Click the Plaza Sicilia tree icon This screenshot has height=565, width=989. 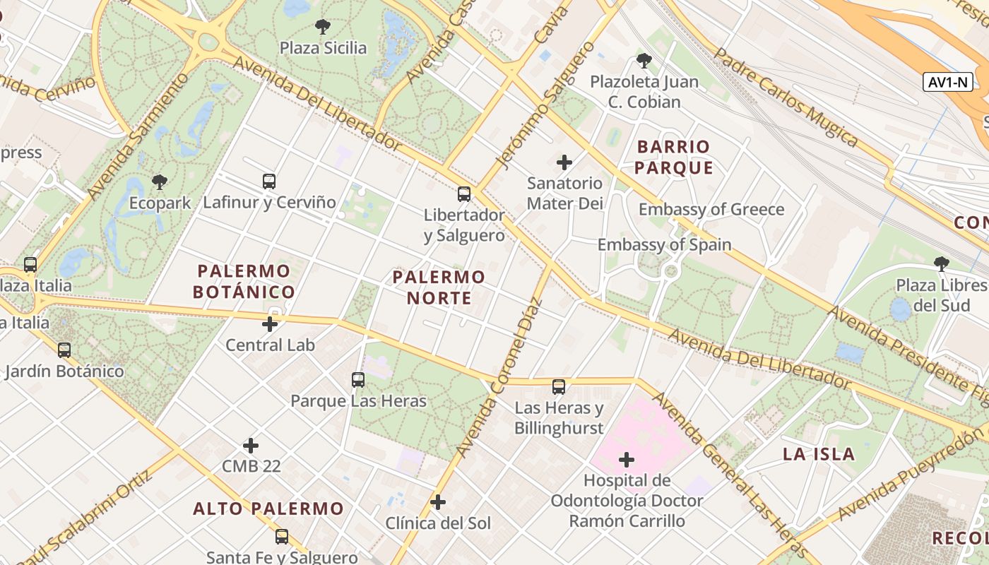tap(323, 28)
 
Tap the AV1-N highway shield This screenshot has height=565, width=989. tap(947, 82)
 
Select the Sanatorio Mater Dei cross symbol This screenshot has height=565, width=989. tap(564, 163)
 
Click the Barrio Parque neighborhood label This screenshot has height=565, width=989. tap(673, 157)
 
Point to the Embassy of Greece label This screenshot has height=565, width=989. tap(711, 210)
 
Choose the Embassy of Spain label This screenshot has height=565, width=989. tap(664, 245)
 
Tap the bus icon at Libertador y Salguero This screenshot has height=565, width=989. tap(464, 194)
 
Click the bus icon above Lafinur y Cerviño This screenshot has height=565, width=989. tap(269, 182)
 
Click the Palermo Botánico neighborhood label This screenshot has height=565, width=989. tap(244, 281)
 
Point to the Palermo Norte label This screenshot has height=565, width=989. tap(439, 287)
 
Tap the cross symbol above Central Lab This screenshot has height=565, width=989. tap(270, 325)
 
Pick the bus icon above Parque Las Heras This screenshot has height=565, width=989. tap(358, 380)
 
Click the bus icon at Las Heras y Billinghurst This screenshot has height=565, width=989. tap(559, 387)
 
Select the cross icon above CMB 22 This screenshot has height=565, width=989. tap(251, 446)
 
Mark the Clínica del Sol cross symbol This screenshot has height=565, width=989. tap(438, 502)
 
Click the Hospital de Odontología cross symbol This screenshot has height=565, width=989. tap(627, 460)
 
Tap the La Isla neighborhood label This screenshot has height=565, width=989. tap(819, 454)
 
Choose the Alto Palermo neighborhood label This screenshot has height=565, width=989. tap(268, 509)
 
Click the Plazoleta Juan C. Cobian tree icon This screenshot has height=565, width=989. tap(644, 61)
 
